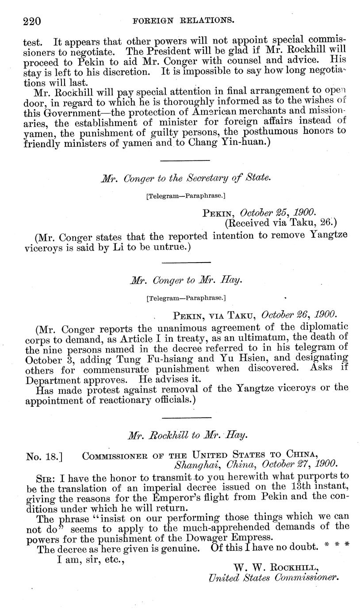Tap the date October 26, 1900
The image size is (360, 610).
pyautogui.click(x=299, y=315)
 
